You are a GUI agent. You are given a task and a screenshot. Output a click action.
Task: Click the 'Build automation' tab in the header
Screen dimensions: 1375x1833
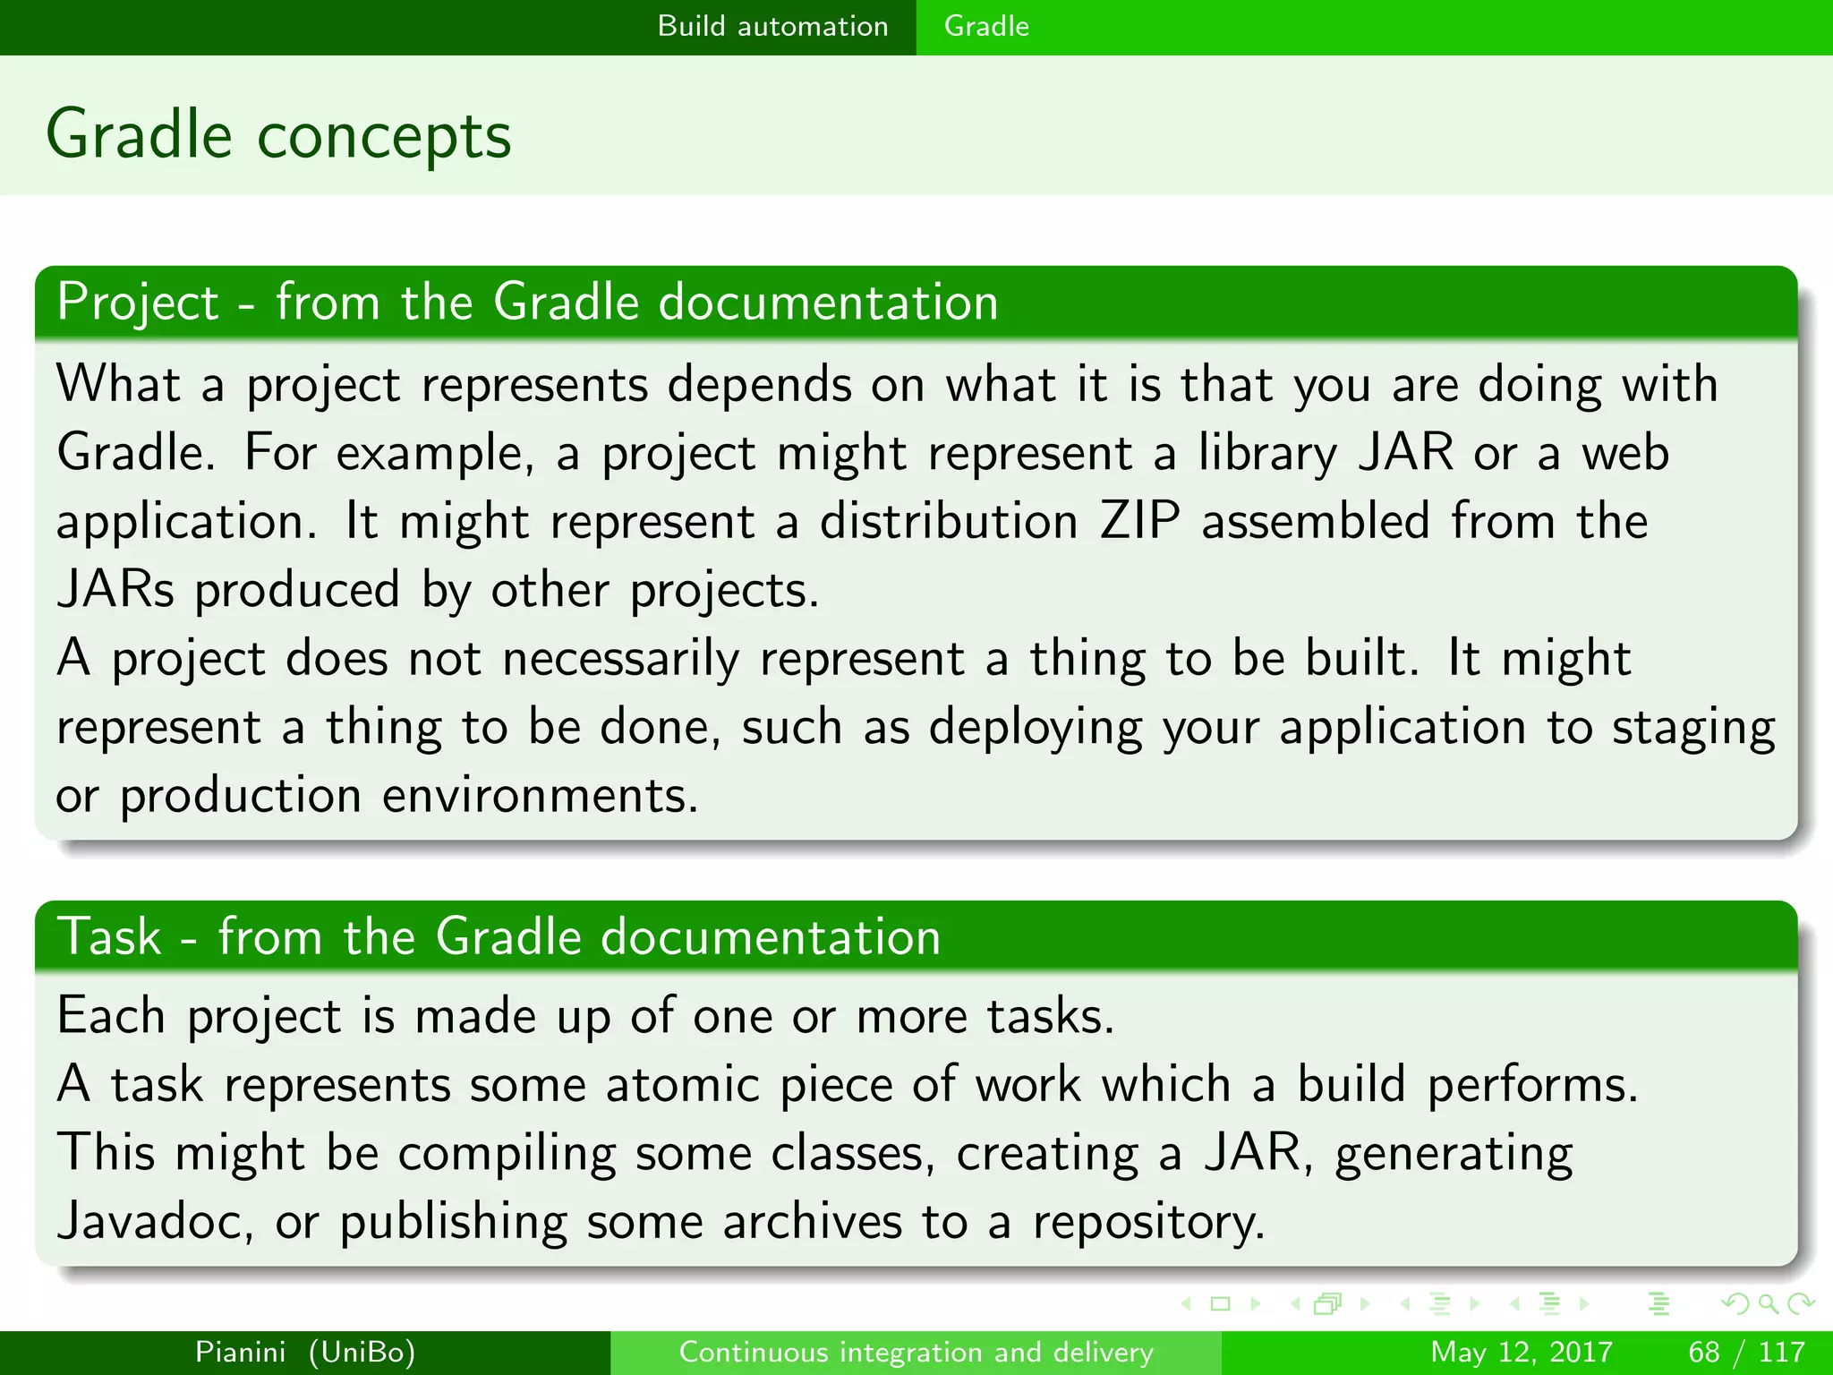pyautogui.click(x=772, y=26)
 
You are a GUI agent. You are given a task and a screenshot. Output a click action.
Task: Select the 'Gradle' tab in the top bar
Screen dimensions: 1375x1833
pyautogui.click(x=986, y=26)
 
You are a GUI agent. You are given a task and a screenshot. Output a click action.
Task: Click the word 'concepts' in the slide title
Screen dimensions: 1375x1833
pyautogui.click(x=384, y=136)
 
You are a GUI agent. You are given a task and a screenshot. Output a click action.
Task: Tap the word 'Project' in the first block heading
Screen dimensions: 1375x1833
pyautogui.click(x=138, y=303)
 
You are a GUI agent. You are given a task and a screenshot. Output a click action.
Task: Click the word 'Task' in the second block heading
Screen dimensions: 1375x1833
pyautogui.click(x=109, y=937)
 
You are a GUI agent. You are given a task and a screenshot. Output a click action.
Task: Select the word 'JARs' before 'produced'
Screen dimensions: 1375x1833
pyautogui.click(x=115, y=591)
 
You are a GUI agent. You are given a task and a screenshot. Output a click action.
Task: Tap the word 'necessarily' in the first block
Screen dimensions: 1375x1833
pyautogui.click(x=620, y=660)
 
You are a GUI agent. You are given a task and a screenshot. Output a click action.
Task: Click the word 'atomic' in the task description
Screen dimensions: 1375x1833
pyautogui.click(x=682, y=1085)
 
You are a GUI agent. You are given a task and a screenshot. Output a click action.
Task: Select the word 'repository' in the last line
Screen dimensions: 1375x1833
pyautogui.click(x=1148, y=1224)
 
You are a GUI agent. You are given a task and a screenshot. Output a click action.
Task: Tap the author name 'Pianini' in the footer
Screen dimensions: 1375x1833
pyautogui.click(x=241, y=1352)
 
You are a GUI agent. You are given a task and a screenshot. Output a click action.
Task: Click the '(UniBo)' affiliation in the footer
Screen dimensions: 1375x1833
pyautogui.click(x=362, y=1352)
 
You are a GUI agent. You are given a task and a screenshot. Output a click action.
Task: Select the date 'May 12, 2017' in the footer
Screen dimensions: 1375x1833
pyautogui.click(x=1522, y=1352)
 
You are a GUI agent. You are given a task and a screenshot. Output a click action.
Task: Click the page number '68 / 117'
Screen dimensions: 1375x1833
pyautogui.click(x=1746, y=1352)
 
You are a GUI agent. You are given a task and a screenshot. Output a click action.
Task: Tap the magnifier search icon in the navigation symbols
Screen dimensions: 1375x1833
pyautogui.click(x=1768, y=1304)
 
